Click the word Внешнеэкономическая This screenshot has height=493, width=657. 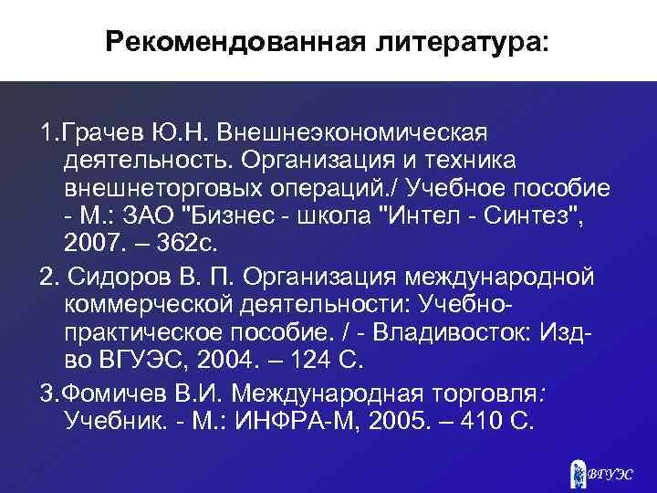pos(353,136)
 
